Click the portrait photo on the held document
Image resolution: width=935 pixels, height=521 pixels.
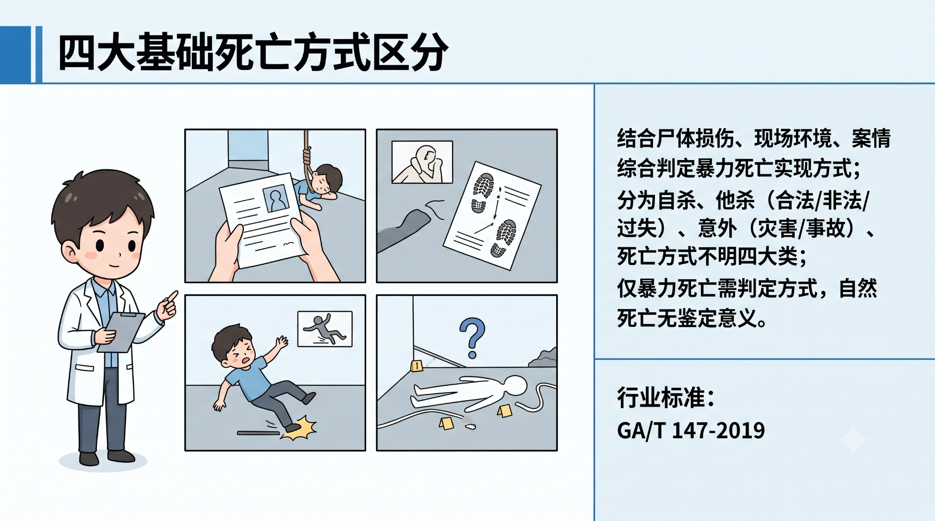276,198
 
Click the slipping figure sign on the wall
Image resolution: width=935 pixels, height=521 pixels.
325,329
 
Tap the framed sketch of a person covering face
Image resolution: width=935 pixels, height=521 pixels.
422,162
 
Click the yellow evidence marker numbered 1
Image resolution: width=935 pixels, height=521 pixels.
416,365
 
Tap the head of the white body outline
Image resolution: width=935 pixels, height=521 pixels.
516,386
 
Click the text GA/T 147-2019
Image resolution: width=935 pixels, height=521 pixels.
691,431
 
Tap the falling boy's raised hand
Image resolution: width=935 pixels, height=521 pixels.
281,342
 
